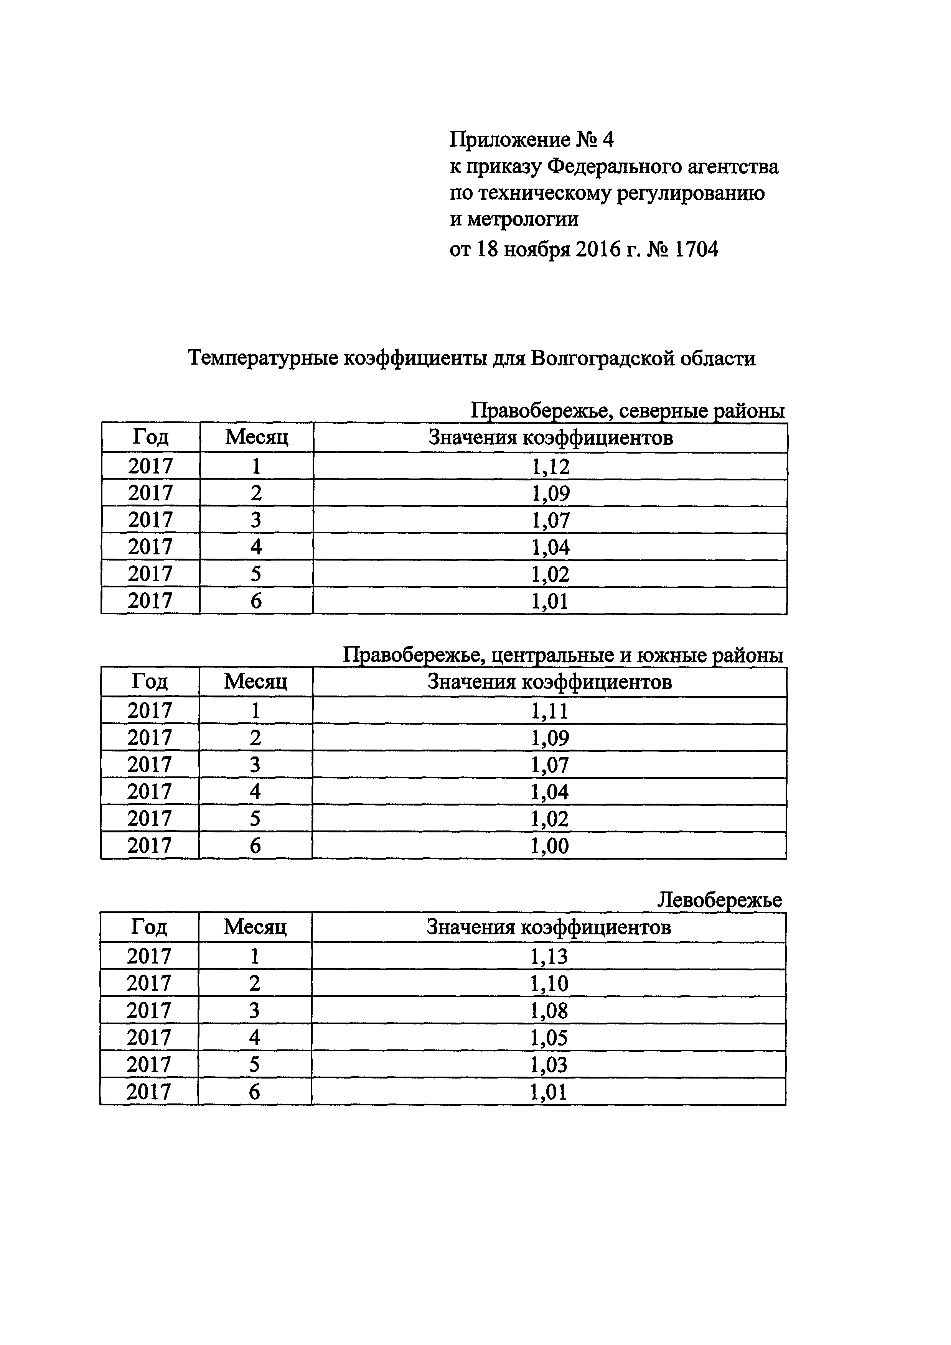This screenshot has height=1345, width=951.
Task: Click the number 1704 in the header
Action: point(696,250)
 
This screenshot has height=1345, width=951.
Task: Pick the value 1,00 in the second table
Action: point(549,846)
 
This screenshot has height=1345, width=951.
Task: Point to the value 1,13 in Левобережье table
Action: point(549,957)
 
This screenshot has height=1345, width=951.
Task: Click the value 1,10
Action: point(549,983)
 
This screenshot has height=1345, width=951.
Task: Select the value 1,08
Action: point(549,1011)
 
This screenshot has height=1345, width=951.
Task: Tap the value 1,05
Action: point(549,1038)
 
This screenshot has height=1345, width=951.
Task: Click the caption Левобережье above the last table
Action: point(719,900)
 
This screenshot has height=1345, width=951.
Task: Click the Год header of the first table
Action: point(151,437)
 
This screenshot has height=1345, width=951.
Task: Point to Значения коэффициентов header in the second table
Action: point(549,682)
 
